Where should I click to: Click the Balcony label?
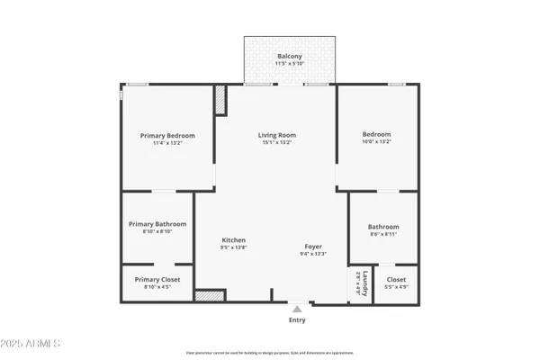(x=289, y=57)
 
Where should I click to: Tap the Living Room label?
(x=277, y=135)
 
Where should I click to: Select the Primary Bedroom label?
(x=167, y=135)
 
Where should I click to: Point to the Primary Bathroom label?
(x=157, y=223)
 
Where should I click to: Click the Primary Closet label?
(x=157, y=279)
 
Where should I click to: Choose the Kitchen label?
(x=234, y=240)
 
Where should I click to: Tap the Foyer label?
(x=312, y=246)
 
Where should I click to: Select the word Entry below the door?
(x=297, y=319)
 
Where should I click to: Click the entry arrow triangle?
(x=297, y=308)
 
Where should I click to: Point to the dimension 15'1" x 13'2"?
(x=277, y=142)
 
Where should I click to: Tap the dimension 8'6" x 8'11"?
(x=382, y=234)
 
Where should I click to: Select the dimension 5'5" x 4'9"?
(x=396, y=287)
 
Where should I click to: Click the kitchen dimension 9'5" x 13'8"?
(x=234, y=247)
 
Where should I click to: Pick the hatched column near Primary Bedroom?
(x=220, y=100)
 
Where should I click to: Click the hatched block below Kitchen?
(x=209, y=295)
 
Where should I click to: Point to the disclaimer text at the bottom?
(x=270, y=353)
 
